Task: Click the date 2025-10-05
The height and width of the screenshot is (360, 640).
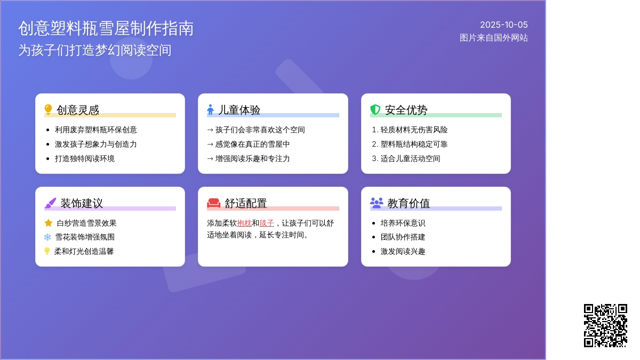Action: coord(503,25)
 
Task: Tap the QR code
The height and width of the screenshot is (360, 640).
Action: coord(605,325)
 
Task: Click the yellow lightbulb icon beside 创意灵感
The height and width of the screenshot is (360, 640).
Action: coord(49,109)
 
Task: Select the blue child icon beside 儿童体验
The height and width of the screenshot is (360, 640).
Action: coord(210,109)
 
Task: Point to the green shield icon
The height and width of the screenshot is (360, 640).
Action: coord(375,109)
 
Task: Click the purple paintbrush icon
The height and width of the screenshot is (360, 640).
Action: coord(50,203)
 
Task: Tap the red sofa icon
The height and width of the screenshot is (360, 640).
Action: coord(214,203)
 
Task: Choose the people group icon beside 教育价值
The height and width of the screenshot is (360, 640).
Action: coord(377,203)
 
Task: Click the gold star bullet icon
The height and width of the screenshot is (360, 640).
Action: coord(49,223)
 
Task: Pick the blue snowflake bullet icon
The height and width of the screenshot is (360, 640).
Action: coord(47,237)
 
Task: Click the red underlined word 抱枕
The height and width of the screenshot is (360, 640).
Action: coord(244,223)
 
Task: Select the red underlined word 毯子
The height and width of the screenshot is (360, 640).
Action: coord(267,223)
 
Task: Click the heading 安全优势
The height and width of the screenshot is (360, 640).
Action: coord(406,110)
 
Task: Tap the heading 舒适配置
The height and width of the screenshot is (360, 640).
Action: coord(246,203)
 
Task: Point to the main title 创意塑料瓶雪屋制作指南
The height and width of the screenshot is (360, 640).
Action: coord(106,29)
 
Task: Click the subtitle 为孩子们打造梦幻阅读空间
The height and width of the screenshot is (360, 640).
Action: coord(95,50)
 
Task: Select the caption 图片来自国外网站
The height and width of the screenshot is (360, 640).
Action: coord(494,38)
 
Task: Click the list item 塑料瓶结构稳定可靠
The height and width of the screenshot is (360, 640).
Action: coord(414,145)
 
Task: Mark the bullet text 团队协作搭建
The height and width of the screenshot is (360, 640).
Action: coord(403,237)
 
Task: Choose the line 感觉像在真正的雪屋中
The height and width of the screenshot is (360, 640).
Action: coord(252,145)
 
